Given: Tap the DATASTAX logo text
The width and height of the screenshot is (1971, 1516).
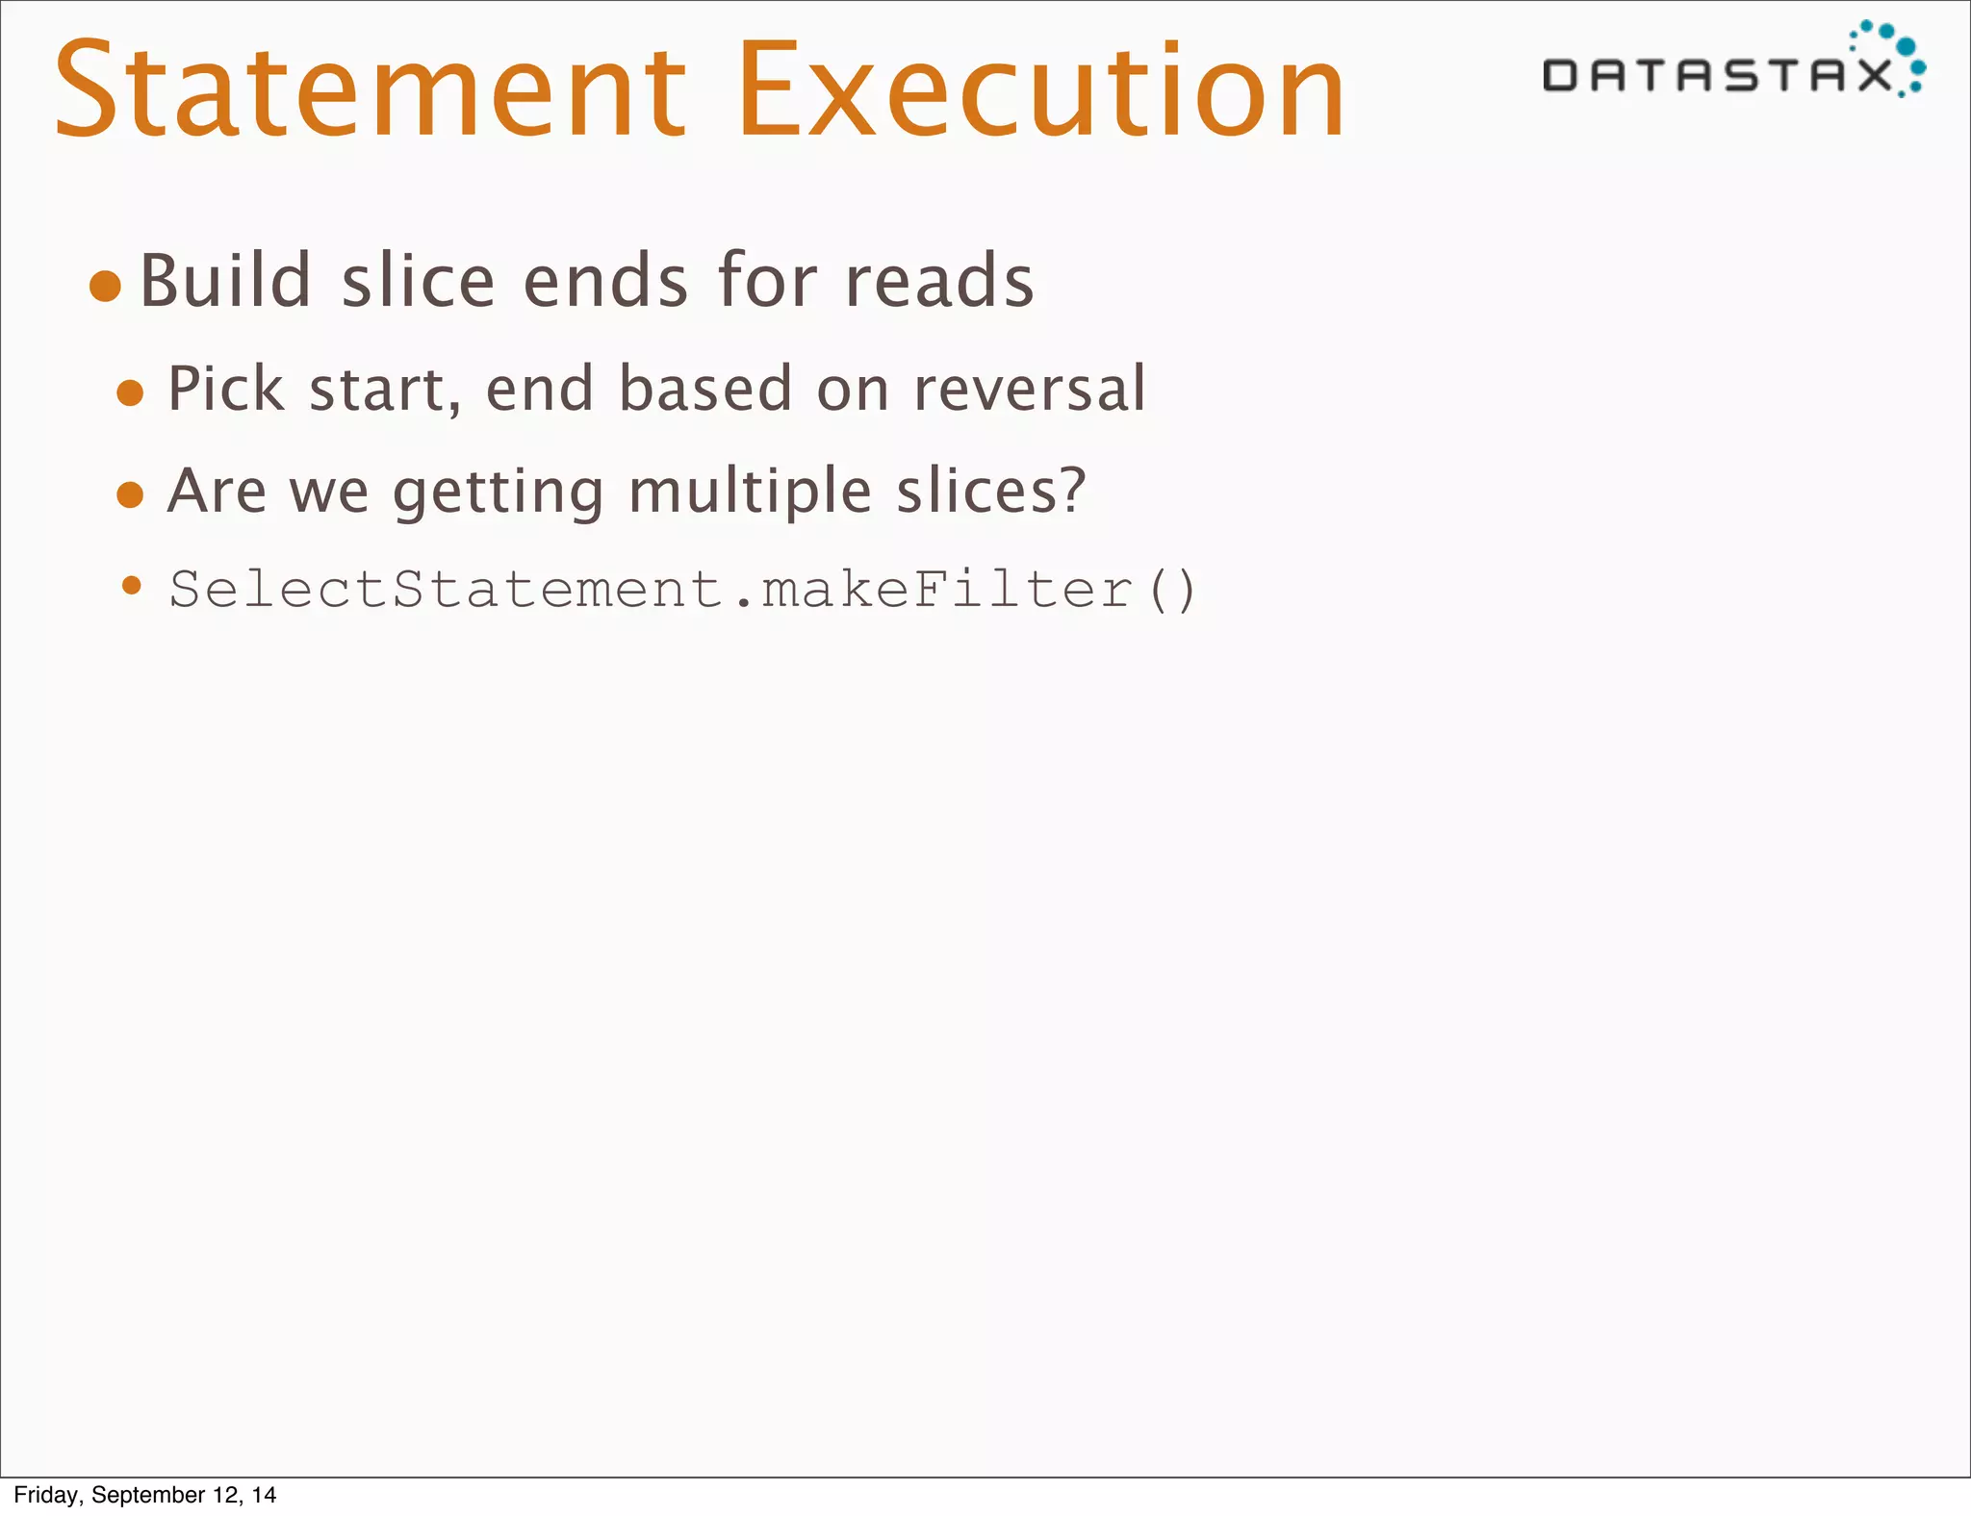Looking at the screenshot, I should [1718, 75].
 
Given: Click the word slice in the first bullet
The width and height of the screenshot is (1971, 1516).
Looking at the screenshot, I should [418, 281].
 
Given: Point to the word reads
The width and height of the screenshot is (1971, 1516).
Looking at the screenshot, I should [938, 281].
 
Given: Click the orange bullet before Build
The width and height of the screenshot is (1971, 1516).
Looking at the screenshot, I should [105, 286].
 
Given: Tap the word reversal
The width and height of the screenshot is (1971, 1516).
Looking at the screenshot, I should [1029, 389].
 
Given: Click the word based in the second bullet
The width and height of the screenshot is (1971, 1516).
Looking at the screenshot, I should [704, 389].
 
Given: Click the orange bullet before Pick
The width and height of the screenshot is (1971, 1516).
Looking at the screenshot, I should [130, 393].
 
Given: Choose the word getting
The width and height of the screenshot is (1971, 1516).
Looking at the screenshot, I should [498, 493].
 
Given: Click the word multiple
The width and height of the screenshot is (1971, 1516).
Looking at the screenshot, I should [750, 493].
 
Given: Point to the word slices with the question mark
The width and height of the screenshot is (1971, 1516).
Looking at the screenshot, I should [990, 491].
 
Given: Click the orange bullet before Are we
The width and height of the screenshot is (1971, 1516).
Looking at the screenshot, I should [130, 495].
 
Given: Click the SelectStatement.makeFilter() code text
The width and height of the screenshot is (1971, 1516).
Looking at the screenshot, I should [682, 589].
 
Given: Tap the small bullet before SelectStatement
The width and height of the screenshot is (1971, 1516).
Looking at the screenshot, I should [133, 585].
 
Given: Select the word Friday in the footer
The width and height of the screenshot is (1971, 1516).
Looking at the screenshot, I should [46, 1495].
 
